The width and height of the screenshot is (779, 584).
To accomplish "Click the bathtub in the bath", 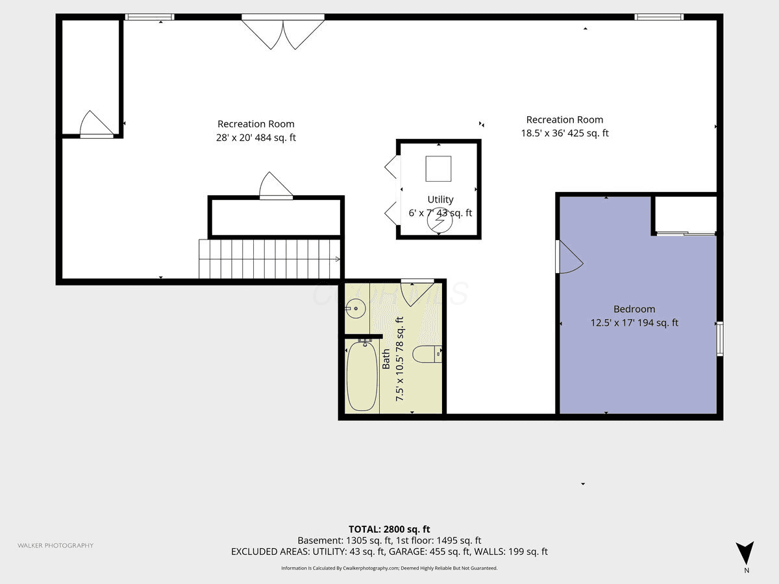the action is [362, 376].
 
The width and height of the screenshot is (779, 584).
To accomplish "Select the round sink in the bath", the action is [356, 308].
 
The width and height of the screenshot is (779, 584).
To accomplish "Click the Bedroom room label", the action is [634, 309].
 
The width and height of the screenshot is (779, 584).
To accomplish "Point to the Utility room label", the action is [440, 199].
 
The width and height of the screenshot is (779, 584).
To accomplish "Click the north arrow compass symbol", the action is [745, 553].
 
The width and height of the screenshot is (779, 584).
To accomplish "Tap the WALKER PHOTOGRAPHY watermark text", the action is [55, 545].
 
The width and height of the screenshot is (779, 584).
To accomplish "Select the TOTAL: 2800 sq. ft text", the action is [389, 529].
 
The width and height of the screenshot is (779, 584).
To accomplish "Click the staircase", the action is [269, 259].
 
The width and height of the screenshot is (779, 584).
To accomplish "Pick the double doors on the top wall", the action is [283, 32].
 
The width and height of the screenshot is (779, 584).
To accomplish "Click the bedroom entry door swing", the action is [569, 257].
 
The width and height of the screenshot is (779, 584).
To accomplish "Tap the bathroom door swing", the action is [417, 292].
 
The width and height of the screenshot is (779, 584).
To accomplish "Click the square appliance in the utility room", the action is [438, 169].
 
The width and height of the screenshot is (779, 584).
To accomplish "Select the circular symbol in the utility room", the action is [439, 221].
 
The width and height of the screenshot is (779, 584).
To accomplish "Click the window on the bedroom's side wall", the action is [720, 339].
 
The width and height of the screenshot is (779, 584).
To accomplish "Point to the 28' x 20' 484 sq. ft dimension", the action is [256, 137].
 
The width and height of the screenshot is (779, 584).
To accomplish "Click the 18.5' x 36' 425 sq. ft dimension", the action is [565, 133].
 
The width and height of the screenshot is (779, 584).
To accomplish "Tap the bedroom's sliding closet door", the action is [686, 234].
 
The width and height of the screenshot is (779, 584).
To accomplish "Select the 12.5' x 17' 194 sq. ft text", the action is [634, 322].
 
